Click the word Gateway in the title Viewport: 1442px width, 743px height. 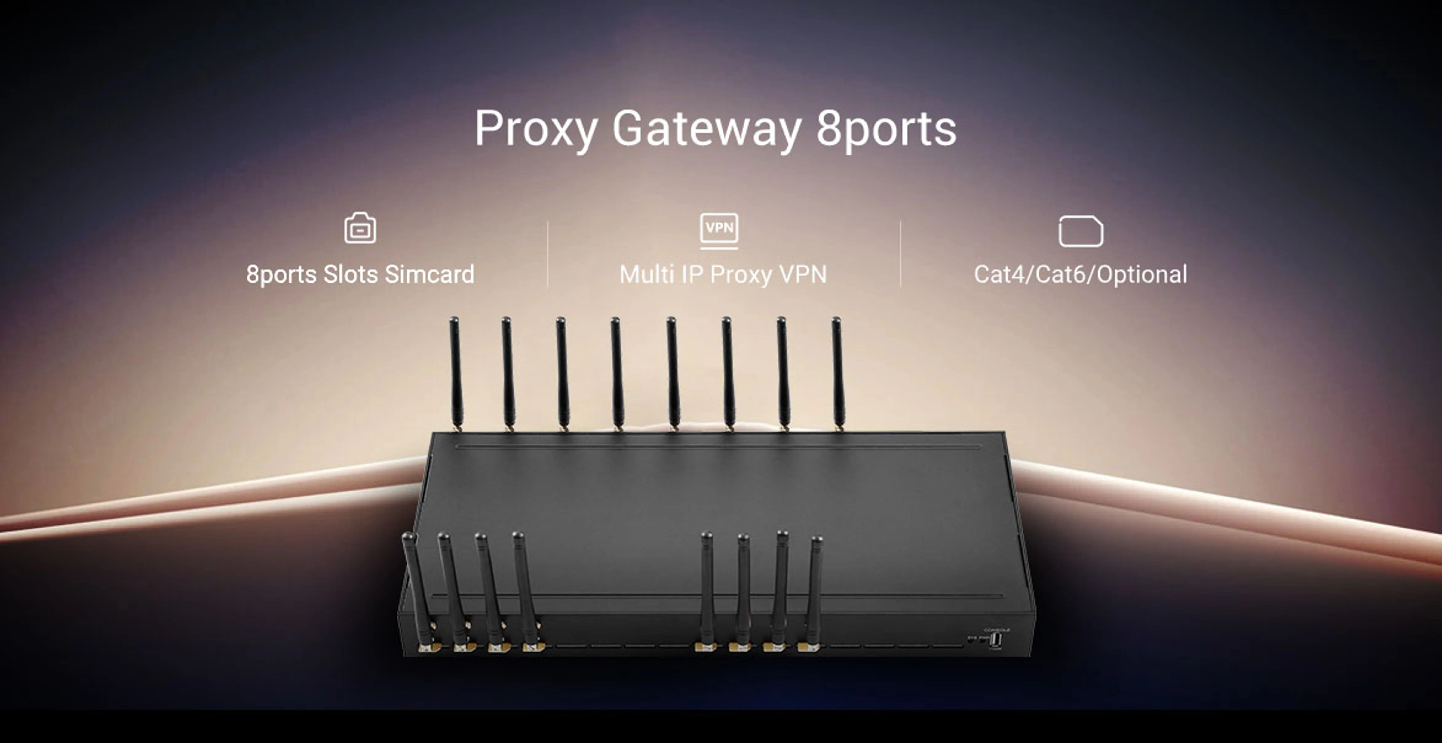pyautogui.click(x=706, y=129)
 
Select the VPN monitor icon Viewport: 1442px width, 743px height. pyautogui.click(x=719, y=230)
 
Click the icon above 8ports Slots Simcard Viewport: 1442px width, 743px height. pyautogui.click(x=360, y=228)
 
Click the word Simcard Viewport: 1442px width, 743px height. pyautogui.click(x=429, y=274)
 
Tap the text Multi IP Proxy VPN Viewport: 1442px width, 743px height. pyautogui.click(x=723, y=274)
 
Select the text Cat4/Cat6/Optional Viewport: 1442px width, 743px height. pyautogui.click(x=1080, y=274)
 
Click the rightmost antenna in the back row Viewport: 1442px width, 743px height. pyautogui.click(x=837, y=372)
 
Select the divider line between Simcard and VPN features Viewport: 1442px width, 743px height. pyautogui.click(x=548, y=254)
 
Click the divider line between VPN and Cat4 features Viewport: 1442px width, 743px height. pyautogui.click(x=900, y=254)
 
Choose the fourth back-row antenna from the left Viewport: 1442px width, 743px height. pyautogui.click(x=617, y=372)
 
